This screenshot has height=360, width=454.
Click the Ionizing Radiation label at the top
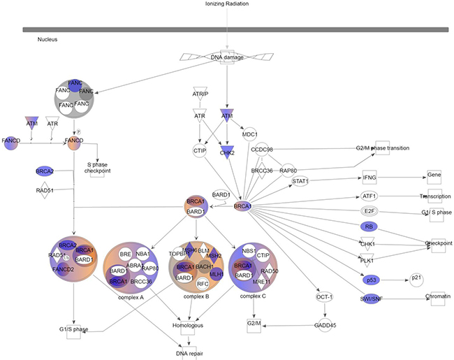pos(228,4)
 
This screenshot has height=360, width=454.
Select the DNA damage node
pos(228,57)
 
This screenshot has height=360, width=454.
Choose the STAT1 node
pos(301,182)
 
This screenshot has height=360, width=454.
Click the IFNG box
pos(369,178)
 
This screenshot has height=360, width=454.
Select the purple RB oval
pos(368,226)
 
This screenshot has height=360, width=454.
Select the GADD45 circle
pos(324,324)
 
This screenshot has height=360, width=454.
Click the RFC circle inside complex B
pos(203,284)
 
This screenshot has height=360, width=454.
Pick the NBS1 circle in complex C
pos(248,250)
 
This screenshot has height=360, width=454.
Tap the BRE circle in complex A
pos(126,254)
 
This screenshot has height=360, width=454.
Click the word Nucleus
pos(47,40)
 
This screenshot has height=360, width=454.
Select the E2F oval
pos(369,210)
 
